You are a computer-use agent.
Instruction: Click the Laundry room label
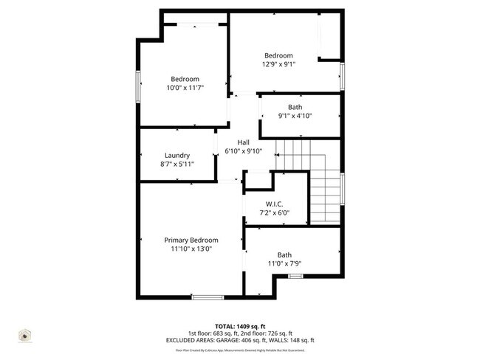(x=177, y=156)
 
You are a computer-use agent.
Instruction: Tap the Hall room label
(x=244, y=142)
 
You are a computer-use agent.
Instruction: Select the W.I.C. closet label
(x=274, y=204)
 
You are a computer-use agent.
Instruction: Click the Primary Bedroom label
(x=191, y=240)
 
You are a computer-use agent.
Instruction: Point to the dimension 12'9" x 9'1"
(x=279, y=64)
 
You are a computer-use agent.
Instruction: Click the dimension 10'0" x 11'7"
(x=185, y=88)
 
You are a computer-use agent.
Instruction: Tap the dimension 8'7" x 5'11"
(x=177, y=165)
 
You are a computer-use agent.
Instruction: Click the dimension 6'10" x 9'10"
(x=244, y=151)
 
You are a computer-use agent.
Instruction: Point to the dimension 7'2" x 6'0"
(x=274, y=212)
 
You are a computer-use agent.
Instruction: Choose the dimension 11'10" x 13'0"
(x=191, y=249)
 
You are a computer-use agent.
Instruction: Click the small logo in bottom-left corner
(x=24, y=336)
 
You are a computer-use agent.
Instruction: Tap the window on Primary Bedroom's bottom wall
(x=208, y=297)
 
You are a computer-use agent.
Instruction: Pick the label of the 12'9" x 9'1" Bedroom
(x=279, y=55)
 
